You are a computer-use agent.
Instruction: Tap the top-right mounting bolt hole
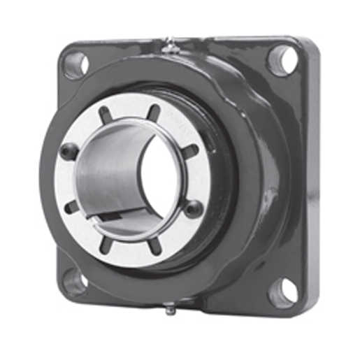pyautogui.click(x=282, y=59)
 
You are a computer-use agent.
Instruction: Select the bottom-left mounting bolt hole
pyautogui.click(x=74, y=281)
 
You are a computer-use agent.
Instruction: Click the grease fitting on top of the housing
pyautogui.click(x=168, y=46)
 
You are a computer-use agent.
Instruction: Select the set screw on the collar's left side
pyautogui.click(x=69, y=151)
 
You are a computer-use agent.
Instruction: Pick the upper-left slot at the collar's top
pyautogui.click(x=106, y=114)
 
